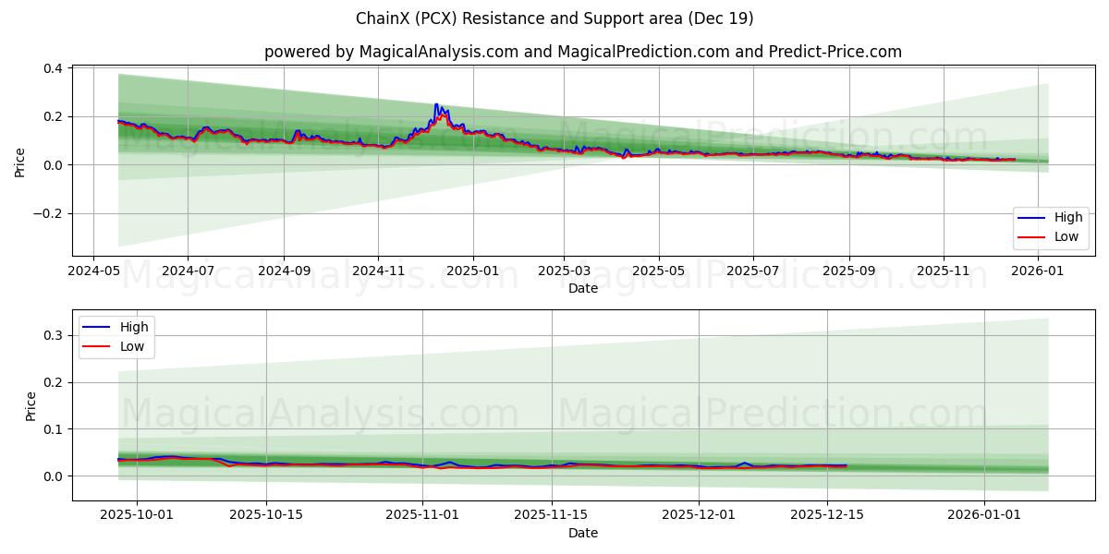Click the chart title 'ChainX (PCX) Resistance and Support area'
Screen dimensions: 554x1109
point(554,18)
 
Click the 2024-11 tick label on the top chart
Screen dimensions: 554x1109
point(378,271)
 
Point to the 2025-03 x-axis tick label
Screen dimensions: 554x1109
point(564,271)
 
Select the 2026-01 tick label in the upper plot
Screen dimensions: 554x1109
point(1039,271)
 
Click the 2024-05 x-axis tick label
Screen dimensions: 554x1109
point(93,271)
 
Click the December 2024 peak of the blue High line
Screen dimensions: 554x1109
point(436,104)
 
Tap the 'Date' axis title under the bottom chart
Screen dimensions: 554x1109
point(582,533)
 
